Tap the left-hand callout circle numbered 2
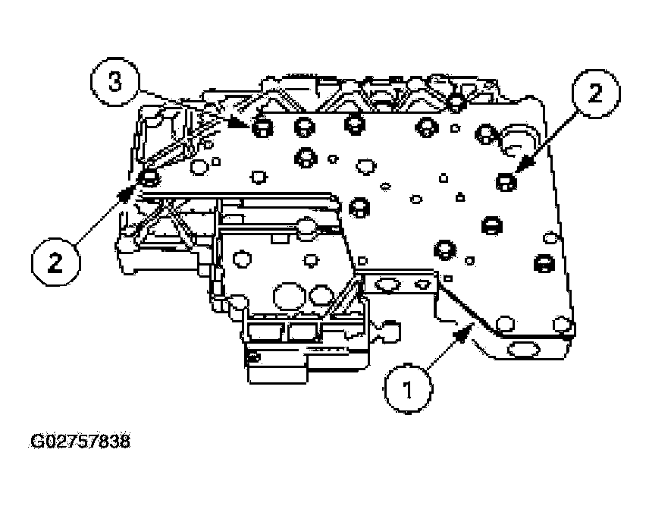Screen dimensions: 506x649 coord(55,262)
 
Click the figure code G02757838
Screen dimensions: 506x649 coord(75,441)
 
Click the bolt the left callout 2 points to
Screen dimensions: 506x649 coord(149,179)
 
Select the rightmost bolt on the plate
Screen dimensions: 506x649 coord(543,263)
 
